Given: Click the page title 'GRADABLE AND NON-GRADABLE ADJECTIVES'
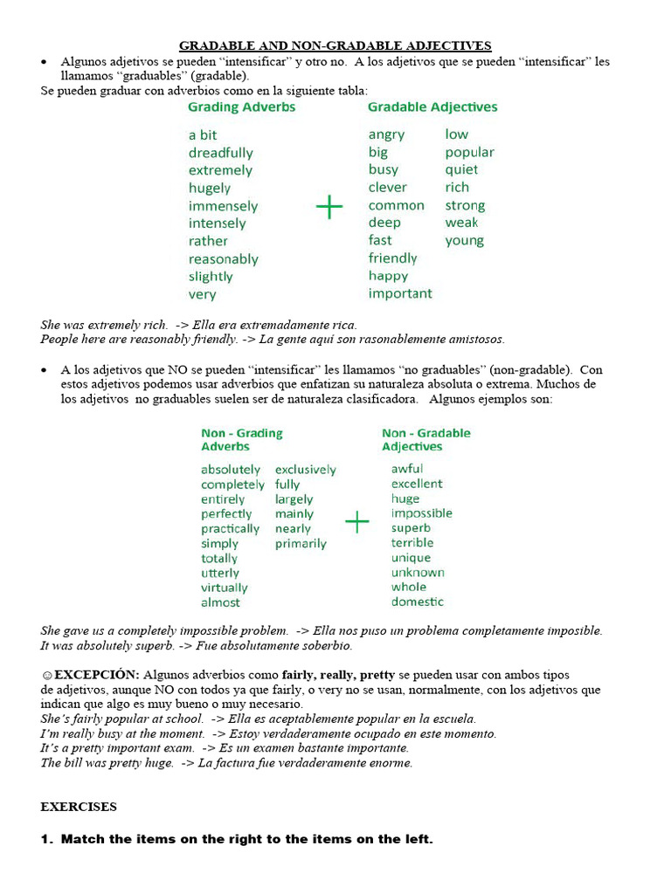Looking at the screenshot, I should pos(335,45).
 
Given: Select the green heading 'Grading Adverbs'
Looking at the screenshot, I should pos(242,107).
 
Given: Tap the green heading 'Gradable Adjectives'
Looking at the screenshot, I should pos(432,107).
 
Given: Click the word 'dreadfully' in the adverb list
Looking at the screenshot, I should pos(220,153).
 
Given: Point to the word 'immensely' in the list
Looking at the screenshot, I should pos(223,206).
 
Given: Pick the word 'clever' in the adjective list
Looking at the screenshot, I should pos(387,187).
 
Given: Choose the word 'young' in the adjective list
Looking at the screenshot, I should pos(464,240).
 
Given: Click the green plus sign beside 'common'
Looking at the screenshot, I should pos(329,207).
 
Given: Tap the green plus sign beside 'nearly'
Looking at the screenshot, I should pos(357,522).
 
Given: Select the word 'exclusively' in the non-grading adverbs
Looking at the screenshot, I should pos(305,470).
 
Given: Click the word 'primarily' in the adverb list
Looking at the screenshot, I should pos(301,543).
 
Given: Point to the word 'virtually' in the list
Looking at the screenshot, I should pos(224,588).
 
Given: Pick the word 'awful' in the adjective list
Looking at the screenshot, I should pos(406,469).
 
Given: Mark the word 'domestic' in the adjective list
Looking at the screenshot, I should pos(417,602).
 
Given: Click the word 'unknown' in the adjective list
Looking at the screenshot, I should pos(418,572).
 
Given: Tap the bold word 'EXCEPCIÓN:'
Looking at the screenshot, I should pos(97,675).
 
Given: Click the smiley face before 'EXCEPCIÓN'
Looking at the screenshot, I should pos(46,675).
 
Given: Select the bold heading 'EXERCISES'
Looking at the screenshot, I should pos(79,807).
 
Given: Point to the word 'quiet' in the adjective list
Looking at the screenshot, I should pos(461,169).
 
